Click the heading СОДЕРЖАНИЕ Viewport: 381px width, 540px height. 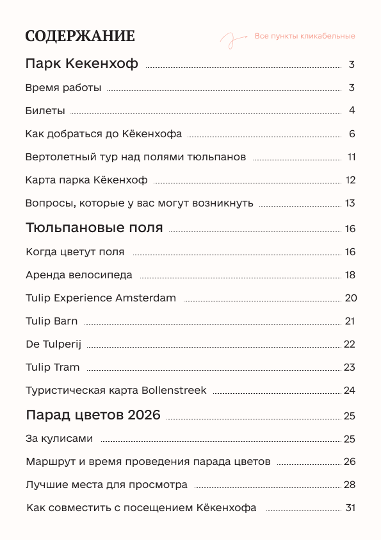80,36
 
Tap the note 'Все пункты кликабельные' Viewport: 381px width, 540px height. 305,36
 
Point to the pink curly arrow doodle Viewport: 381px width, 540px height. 232,40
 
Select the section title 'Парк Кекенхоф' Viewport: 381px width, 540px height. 82,64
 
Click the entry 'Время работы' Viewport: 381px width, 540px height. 63,88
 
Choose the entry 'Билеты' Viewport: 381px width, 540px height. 45,111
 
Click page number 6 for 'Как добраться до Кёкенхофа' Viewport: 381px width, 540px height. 352,134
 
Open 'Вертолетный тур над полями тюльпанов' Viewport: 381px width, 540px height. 136,157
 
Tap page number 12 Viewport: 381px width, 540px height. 350,180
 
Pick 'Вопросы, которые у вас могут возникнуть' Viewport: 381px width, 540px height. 140,203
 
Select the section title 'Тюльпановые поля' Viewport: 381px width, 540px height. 94,228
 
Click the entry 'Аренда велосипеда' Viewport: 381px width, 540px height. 79,275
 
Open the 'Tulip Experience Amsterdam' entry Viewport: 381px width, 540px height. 101,298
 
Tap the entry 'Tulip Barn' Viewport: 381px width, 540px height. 52,321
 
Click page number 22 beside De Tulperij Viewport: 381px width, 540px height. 350,344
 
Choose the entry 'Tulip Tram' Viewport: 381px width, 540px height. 53,367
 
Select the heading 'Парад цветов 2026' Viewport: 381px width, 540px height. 93,414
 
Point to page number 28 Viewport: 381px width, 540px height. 350,485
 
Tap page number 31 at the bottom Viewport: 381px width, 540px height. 350,508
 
